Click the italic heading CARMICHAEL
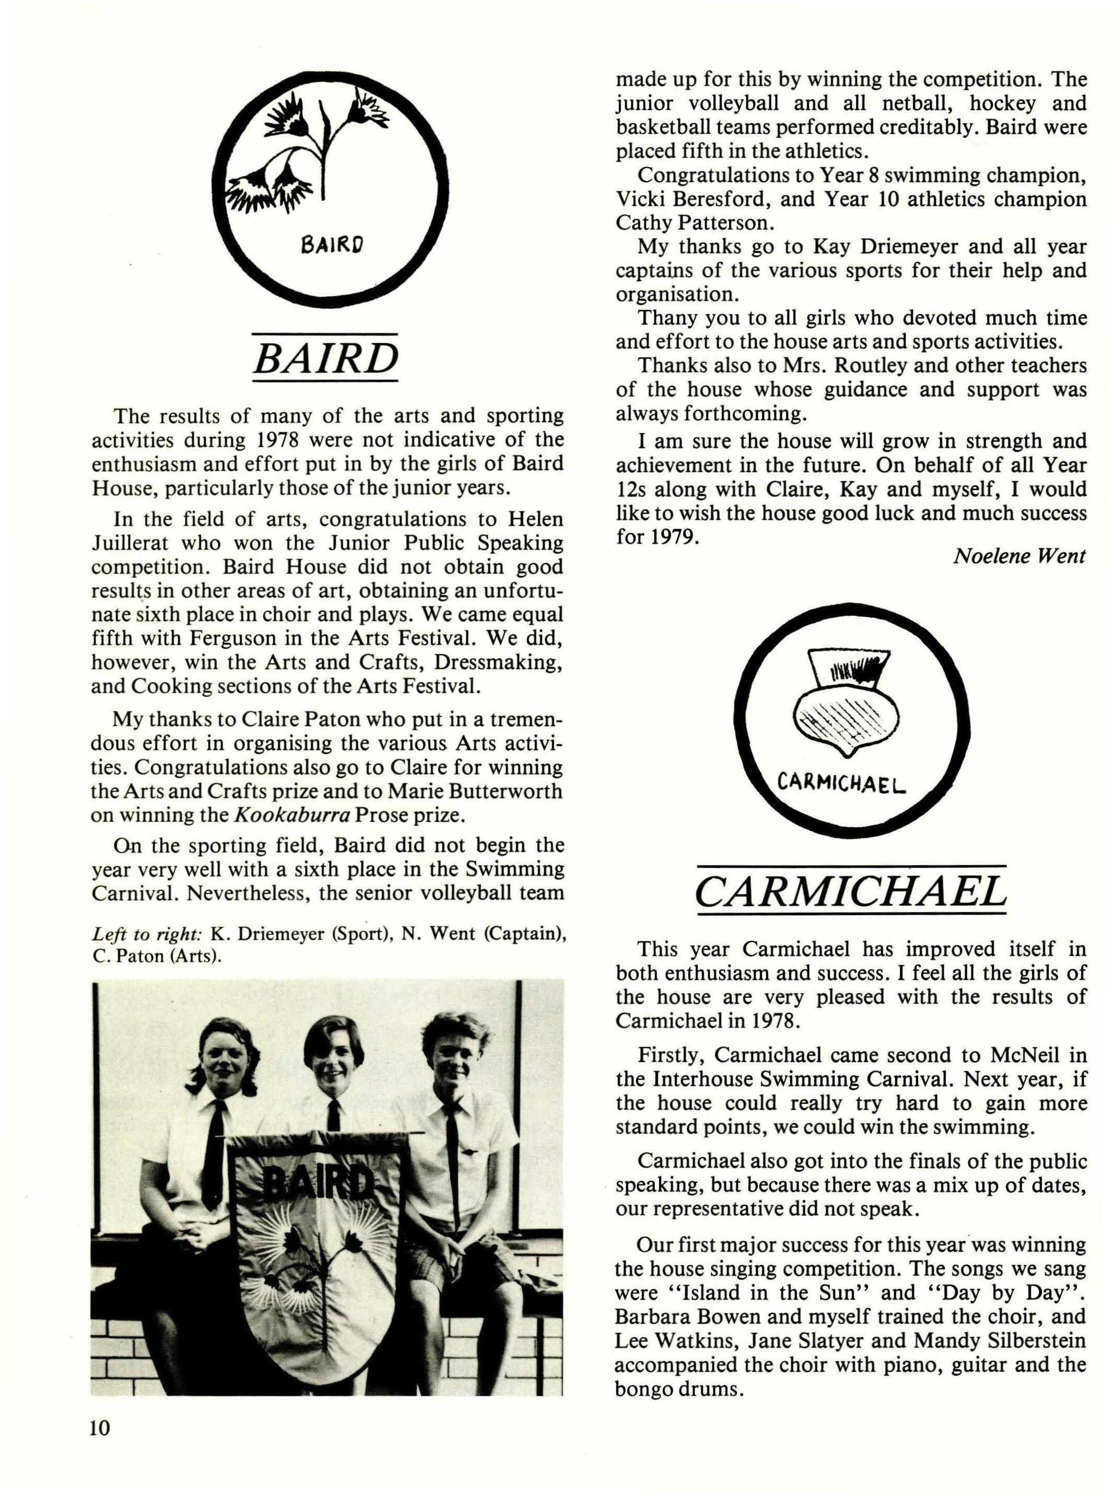click(x=851, y=892)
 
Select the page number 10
click(x=99, y=1428)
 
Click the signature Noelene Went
click(x=1019, y=556)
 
